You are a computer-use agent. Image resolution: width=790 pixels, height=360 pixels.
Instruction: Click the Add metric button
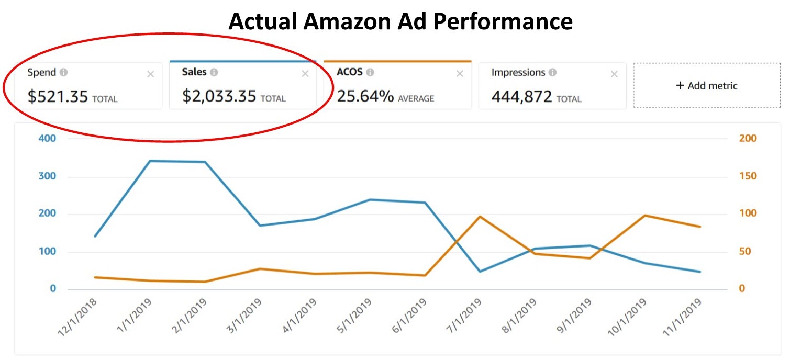point(707,85)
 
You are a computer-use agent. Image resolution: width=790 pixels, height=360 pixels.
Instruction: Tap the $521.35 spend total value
point(58,96)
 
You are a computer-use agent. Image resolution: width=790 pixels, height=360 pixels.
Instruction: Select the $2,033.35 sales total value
point(219,96)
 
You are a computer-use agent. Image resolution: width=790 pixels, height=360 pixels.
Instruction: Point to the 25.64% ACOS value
point(365,96)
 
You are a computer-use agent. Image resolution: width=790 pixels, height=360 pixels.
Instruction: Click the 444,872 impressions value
point(521,96)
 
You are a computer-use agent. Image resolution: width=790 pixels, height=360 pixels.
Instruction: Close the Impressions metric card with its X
point(615,74)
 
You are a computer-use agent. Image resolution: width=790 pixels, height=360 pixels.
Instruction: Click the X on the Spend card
point(150,74)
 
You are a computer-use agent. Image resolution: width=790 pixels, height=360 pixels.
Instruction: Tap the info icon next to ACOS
point(370,72)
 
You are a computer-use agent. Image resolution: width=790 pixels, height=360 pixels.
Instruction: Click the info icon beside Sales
point(214,72)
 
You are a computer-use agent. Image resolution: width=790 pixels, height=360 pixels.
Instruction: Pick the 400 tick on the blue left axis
point(48,139)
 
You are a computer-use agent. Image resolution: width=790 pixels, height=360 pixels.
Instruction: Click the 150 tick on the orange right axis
point(748,176)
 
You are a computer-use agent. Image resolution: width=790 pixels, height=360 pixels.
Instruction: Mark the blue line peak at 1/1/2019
point(150,161)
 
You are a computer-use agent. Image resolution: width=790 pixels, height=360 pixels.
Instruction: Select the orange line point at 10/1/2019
point(645,215)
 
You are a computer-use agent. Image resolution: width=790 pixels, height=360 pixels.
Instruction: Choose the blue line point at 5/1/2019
point(370,199)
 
